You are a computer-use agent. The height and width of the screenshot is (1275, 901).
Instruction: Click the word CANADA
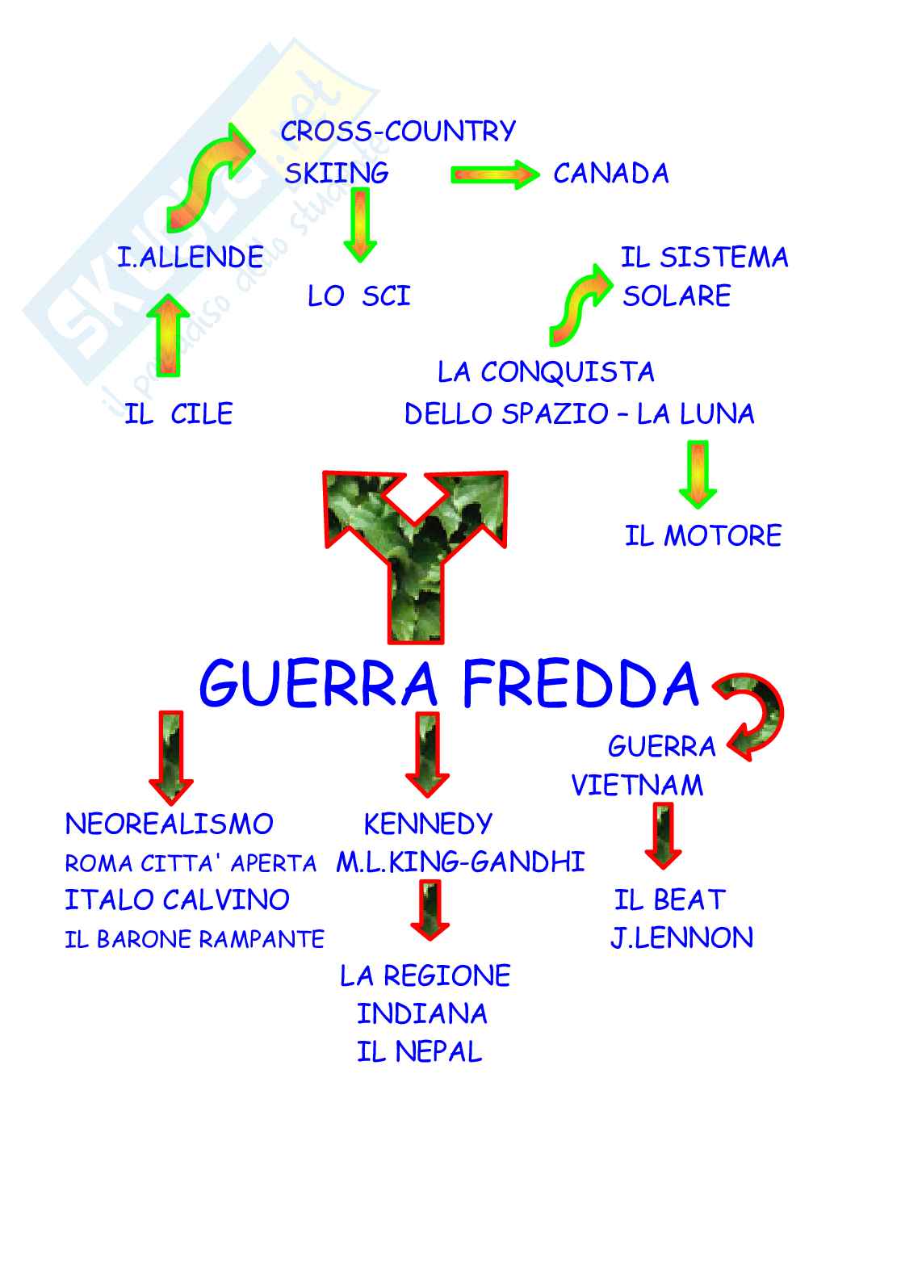[x=610, y=174]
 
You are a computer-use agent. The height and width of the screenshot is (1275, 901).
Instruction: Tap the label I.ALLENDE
[x=191, y=258]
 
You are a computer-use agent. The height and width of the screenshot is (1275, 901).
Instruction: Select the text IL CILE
[x=178, y=414]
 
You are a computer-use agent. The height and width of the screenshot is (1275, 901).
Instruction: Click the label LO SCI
[x=358, y=296]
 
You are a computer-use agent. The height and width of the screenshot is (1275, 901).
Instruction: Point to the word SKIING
[x=337, y=173]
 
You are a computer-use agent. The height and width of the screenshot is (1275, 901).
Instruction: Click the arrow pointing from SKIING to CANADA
[x=494, y=174]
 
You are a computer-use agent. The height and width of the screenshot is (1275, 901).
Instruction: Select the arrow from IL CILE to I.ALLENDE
[x=168, y=335]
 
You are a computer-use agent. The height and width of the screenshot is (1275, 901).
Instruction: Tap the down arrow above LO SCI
[x=359, y=224]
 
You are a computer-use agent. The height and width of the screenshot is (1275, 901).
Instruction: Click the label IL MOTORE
[x=702, y=535]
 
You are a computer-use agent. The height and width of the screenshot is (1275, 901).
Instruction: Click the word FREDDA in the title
[x=580, y=685]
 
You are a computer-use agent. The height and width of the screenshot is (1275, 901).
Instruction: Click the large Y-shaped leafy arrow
[x=415, y=549]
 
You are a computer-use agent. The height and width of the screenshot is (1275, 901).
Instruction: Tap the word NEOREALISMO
[x=169, y=824]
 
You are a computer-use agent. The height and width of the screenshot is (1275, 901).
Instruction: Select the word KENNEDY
[x=428, y=824]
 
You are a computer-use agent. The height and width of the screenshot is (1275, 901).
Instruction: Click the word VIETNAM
[x=637, y=785]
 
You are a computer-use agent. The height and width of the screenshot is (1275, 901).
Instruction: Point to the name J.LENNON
[x=681, y=937]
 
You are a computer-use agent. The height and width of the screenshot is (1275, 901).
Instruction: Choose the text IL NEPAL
[x=419, y=1051]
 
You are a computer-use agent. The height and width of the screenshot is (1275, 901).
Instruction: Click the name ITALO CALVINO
[x=177, y=900]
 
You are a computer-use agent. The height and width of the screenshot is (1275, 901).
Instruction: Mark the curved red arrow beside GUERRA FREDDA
[x=751, y=715]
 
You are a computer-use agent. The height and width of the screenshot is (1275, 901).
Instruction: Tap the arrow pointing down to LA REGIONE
[x=429, y=910]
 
